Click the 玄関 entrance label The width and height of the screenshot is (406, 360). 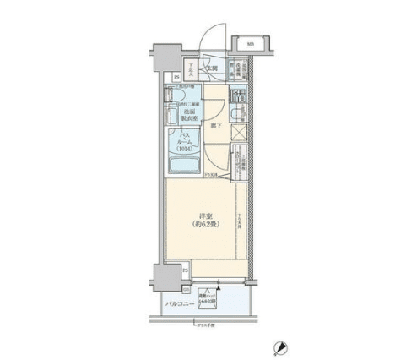pos(214,68)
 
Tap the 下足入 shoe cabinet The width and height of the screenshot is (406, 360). pos(192,69)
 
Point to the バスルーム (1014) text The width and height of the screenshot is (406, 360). pos(185,142)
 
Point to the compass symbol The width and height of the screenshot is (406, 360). pos(279,346)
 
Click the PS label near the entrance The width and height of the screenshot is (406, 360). pos(176,79)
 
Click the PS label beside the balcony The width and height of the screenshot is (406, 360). pos(185,270)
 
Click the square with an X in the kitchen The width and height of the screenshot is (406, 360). pos(239,132)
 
